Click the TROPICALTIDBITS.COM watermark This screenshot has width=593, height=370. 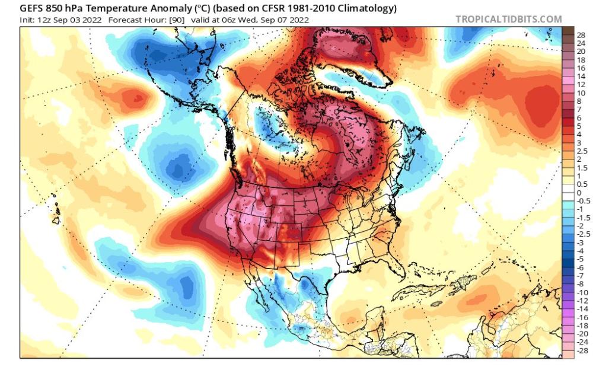[508, 20]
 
